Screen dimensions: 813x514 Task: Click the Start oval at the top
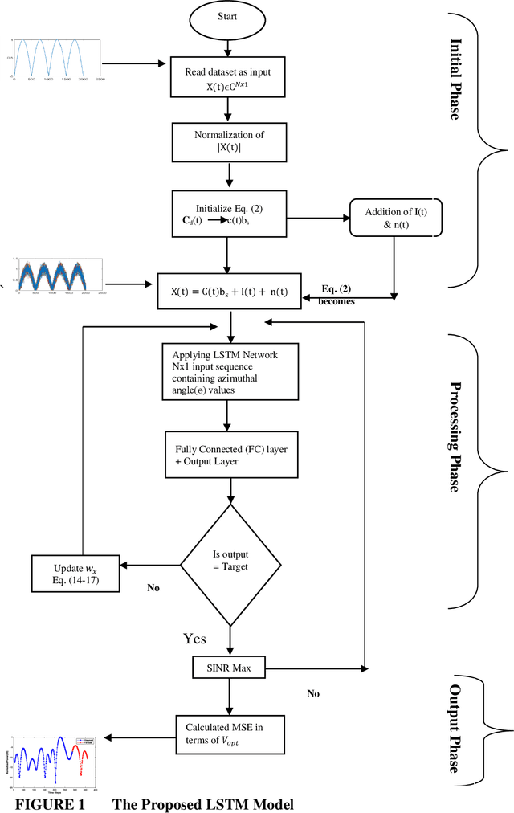click(x=229, y=18)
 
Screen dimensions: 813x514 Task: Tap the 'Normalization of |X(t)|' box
click(x=229, y=141)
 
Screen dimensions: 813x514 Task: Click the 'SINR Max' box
click(x=229, y=667)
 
